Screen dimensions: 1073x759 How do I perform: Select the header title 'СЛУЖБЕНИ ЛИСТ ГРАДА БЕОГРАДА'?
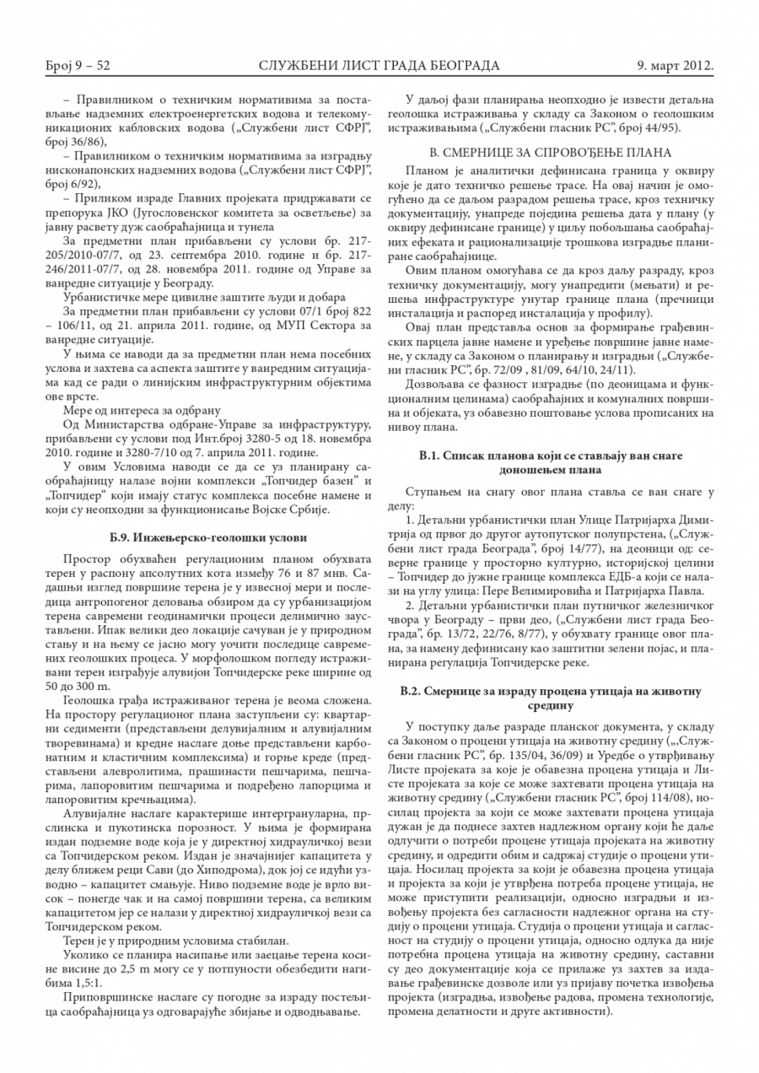[x=379, y=65]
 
